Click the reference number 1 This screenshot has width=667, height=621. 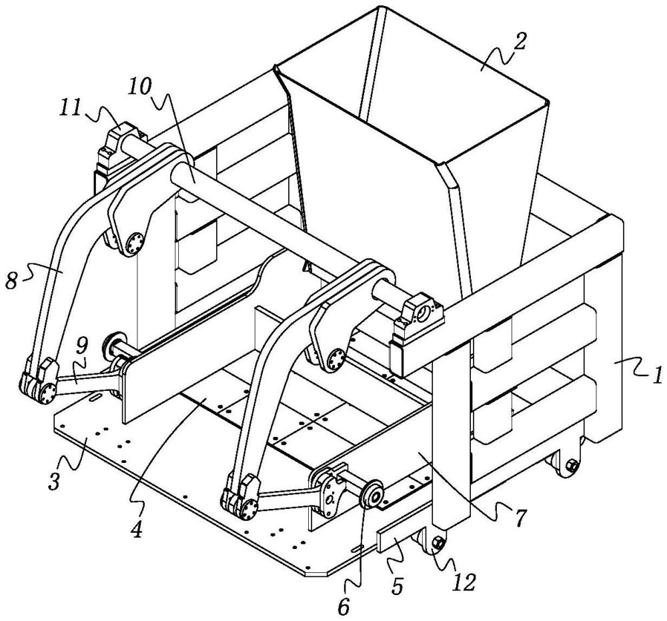coord(656,376)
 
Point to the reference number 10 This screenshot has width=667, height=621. coord(140,87)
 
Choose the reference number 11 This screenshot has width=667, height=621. coord(70,107)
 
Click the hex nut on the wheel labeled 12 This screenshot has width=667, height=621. coord(438,543)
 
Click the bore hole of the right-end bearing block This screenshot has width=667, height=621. coord(424,315)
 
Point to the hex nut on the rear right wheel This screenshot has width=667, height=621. coord(572,465)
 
